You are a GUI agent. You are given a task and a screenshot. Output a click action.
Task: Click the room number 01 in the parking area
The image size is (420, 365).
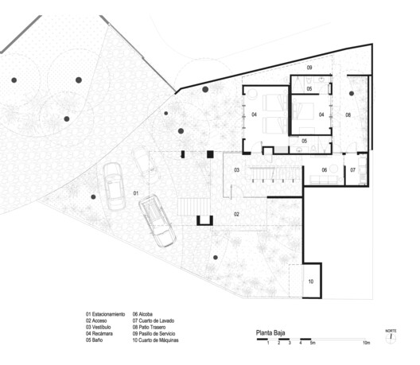pos(135,193)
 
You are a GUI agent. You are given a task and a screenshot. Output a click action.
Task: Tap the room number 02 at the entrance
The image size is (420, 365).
pos(236,214)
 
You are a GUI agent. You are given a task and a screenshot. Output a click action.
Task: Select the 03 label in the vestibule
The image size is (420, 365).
pos(236,170)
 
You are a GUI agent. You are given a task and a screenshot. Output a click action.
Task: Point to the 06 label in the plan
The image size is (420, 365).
pos(325,170)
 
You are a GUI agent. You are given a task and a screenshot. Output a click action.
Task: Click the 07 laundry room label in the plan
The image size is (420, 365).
pos(352,170)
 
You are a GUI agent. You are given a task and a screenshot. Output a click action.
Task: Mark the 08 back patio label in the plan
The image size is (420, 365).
pos(348,116)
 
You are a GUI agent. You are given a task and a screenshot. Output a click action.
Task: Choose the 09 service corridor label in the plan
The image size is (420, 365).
pos(310,68)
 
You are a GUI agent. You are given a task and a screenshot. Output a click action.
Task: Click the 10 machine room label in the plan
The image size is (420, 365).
pos(310,282)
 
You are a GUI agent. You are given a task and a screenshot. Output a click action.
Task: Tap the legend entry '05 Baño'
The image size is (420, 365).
pos(97,340)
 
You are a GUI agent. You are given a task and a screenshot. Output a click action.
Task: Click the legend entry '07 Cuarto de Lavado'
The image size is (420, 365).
pos(158,320)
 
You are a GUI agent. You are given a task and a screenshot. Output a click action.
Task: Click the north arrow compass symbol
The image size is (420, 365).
pos(391,337)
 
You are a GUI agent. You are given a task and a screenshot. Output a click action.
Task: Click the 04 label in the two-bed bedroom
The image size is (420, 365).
pos(255,116)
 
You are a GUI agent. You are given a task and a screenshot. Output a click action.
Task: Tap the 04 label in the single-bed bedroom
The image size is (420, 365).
pos(321,115)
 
